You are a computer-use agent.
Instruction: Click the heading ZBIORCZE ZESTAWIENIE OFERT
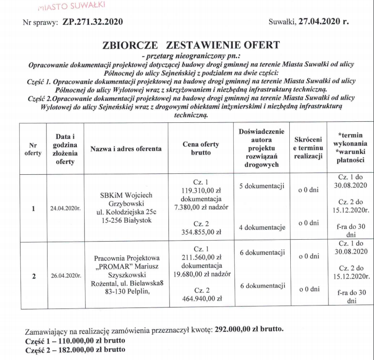click(191, 46)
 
